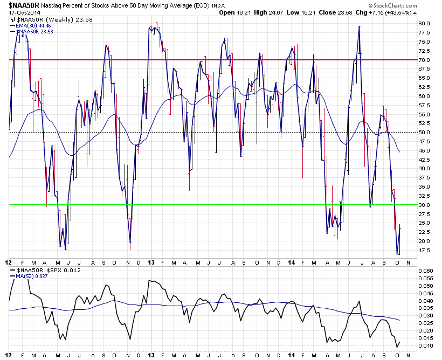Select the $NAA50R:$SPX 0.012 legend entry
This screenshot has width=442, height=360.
[41, 270]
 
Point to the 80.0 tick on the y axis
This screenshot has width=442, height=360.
[424, 24]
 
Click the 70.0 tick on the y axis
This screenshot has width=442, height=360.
[424, 60]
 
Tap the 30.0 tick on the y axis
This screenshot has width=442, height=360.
[424, 205]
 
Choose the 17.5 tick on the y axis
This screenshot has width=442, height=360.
[424, 250]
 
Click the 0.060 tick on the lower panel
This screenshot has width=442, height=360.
[425, 271]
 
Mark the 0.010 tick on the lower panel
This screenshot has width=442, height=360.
[425, 345]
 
